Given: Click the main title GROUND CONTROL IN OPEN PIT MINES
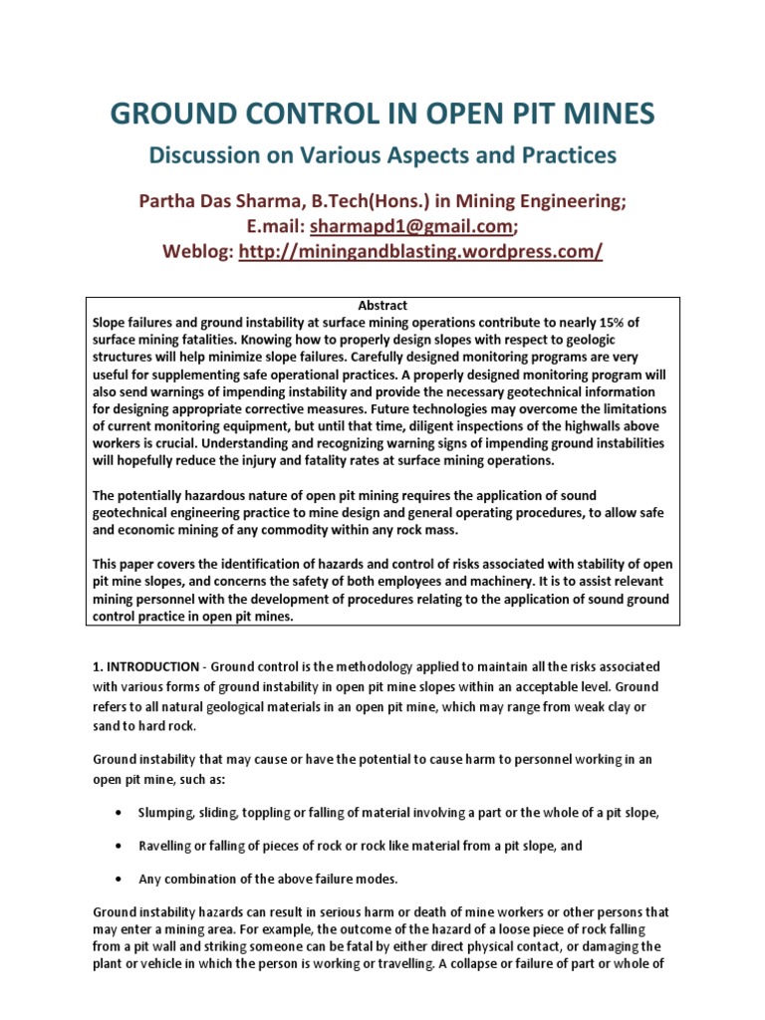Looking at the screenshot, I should coord(382,114).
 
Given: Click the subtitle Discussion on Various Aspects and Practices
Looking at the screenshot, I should coord(382,155).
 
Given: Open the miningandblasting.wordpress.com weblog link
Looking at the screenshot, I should coord(420,252).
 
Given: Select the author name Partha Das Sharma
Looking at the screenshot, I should coord(215,200).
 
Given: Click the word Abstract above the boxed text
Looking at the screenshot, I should coord(382,306).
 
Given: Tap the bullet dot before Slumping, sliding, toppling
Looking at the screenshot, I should coord(120,813).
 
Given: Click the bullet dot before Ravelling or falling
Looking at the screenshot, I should coord(120,846).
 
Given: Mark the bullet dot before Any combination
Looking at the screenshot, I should coord(120,879).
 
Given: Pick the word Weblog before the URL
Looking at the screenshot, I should coord(197,252).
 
